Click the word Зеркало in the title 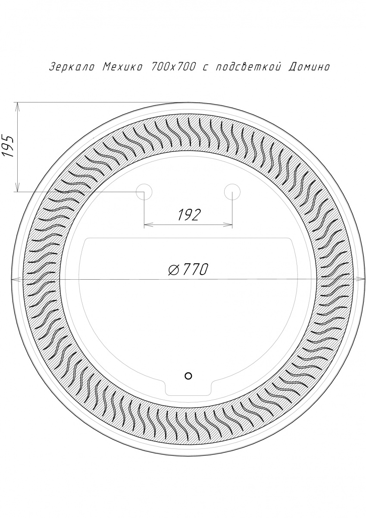[x=72, y=67]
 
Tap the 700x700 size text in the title [x=173, y=67]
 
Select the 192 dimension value [x=188, y=215]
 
